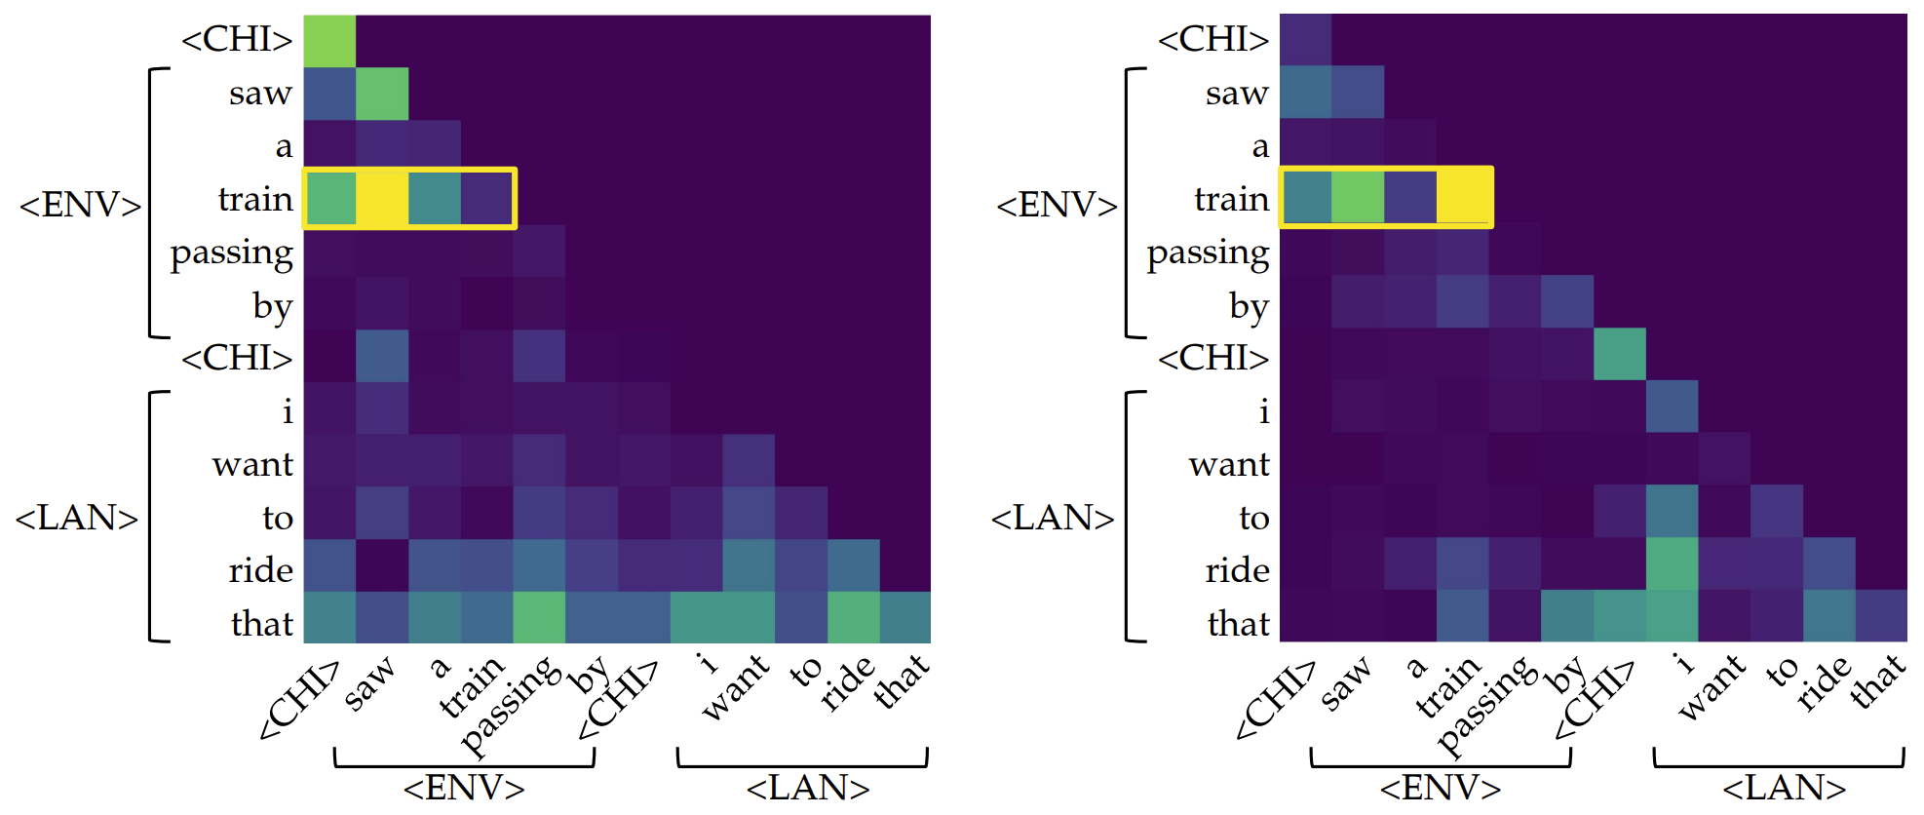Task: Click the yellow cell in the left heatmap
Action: point(382,198)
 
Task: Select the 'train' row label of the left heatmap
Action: point(255,199)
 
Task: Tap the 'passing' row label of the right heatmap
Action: point(1208,253)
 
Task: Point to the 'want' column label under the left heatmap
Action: point(735,688)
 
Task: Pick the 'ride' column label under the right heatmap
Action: point(1823,682)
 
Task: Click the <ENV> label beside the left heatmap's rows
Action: point(80,205)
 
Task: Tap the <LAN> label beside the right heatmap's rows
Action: point(1053,518)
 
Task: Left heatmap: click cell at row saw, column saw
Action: point(382,93)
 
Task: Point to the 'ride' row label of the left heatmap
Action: point(260,570)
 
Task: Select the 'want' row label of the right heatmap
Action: point(1229,465)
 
